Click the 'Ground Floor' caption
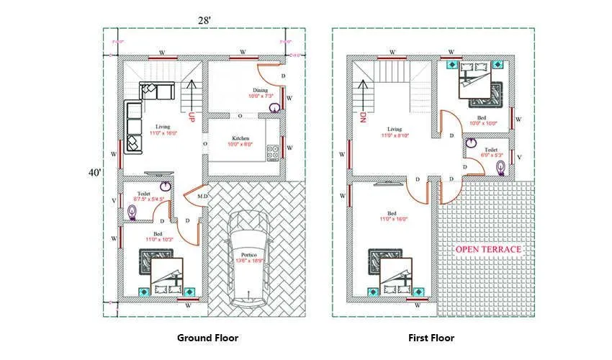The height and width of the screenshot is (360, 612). point(207,337)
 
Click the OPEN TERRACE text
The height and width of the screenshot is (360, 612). point(487,249)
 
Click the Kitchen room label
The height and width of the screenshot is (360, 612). point(240,138)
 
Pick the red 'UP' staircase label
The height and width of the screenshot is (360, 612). point(192,117)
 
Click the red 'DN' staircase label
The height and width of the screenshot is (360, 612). point(363,117)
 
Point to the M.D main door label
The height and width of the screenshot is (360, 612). point(203,197)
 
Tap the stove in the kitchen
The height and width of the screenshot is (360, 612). point(274,153)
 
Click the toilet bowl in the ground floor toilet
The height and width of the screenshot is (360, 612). point(132,212)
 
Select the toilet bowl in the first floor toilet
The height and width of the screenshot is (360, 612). point(500,167)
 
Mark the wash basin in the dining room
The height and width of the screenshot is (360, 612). point(274,108)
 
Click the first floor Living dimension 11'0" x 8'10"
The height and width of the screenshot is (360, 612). point(395,135)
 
